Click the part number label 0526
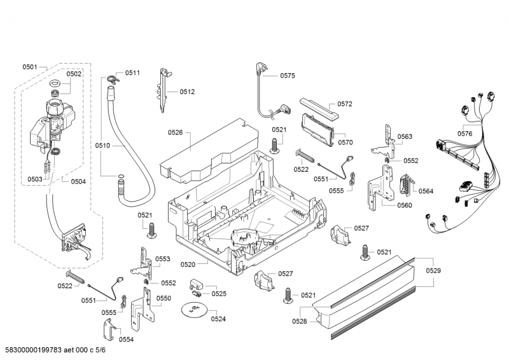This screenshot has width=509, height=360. click(x=175, y=132)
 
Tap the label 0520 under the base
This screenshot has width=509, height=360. click(x=188, y=263)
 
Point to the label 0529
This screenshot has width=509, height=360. click(x=433, y=271)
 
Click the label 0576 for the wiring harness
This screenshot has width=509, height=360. click(x=464, y=134)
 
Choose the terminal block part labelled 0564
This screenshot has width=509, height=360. click(x=403, y=185)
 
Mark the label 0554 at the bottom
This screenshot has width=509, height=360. click(x=126, y=340)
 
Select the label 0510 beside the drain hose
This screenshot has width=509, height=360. click(x=102, y=146)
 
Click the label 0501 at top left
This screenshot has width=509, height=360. click(x=30, y=67)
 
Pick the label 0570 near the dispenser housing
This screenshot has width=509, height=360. click(x=345, y=143)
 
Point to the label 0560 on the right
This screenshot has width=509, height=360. click(x=404, y=205)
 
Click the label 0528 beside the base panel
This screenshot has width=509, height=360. click(x=300, y=322)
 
